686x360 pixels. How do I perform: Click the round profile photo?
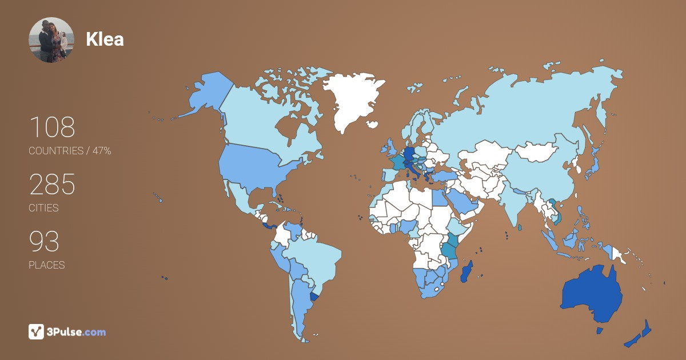pyautogui.click(x=51, y=40)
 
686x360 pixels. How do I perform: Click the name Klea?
pyautogui.click(x=105, y=39)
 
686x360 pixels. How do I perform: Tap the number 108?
pyautogui.click(x=52, y=127)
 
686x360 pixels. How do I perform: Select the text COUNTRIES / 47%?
pyautogui.click(x=70, y=151)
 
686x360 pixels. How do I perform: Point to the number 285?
pyautogui.click(x=52, y=185)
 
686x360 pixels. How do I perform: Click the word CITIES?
pyautogui.click(x=43, y=208)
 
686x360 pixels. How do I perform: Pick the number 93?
pyautogui.click(x=44, y=242)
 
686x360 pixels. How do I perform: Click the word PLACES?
pyautogui.click(x=46, y=265)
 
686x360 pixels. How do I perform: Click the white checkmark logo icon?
pyautogui.click(x=37, y=331)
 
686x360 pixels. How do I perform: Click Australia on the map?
pyautogui.click(x=592, y=291)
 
